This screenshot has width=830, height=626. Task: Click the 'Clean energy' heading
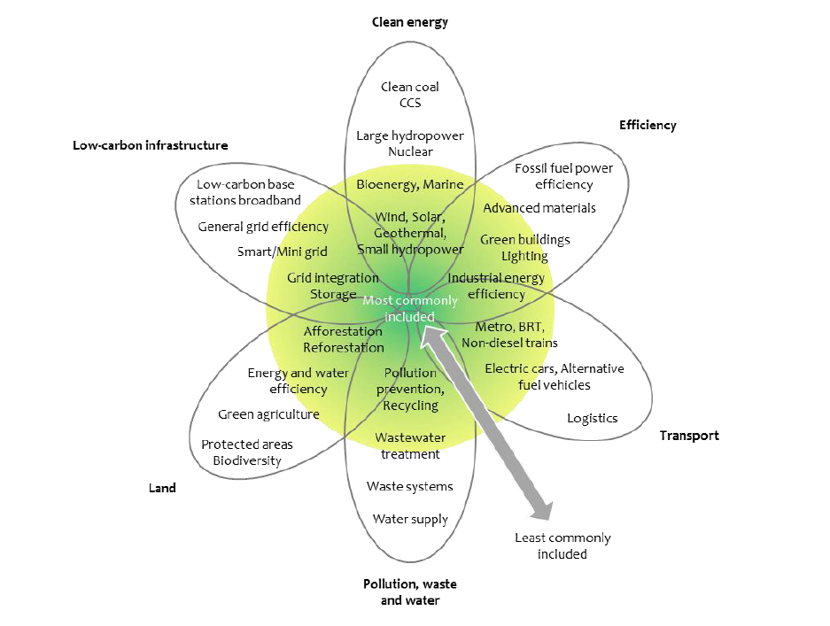point(409,22)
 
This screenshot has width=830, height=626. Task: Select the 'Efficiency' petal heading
point(647,125)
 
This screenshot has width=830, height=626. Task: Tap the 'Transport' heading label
point(688,435)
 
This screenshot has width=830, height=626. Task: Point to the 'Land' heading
point(162,488)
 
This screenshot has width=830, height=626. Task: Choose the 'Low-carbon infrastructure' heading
point(150,144)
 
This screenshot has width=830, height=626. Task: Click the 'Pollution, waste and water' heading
point(409,591)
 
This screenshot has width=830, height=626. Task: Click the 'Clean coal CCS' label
point(409,95)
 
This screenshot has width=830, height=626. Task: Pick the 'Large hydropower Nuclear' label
point(409,143)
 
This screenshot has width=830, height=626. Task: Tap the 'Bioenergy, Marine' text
point(409,184)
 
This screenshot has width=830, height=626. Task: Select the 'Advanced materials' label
point(539,208)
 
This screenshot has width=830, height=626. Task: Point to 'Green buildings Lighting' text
point(524,248)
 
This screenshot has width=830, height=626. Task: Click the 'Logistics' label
point(592,418)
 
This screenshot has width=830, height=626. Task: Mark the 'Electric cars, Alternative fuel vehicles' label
point(554,376)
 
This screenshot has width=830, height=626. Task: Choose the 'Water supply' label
point(409,519)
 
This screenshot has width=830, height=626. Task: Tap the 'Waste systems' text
point(409,486)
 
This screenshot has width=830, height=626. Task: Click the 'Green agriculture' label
point(268,413)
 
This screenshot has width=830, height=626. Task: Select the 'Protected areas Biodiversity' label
point(246,452)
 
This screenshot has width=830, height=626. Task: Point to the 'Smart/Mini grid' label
point(282,251)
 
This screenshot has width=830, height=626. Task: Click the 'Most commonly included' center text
point(409,308)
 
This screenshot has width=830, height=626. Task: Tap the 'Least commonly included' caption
point(562,545)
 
